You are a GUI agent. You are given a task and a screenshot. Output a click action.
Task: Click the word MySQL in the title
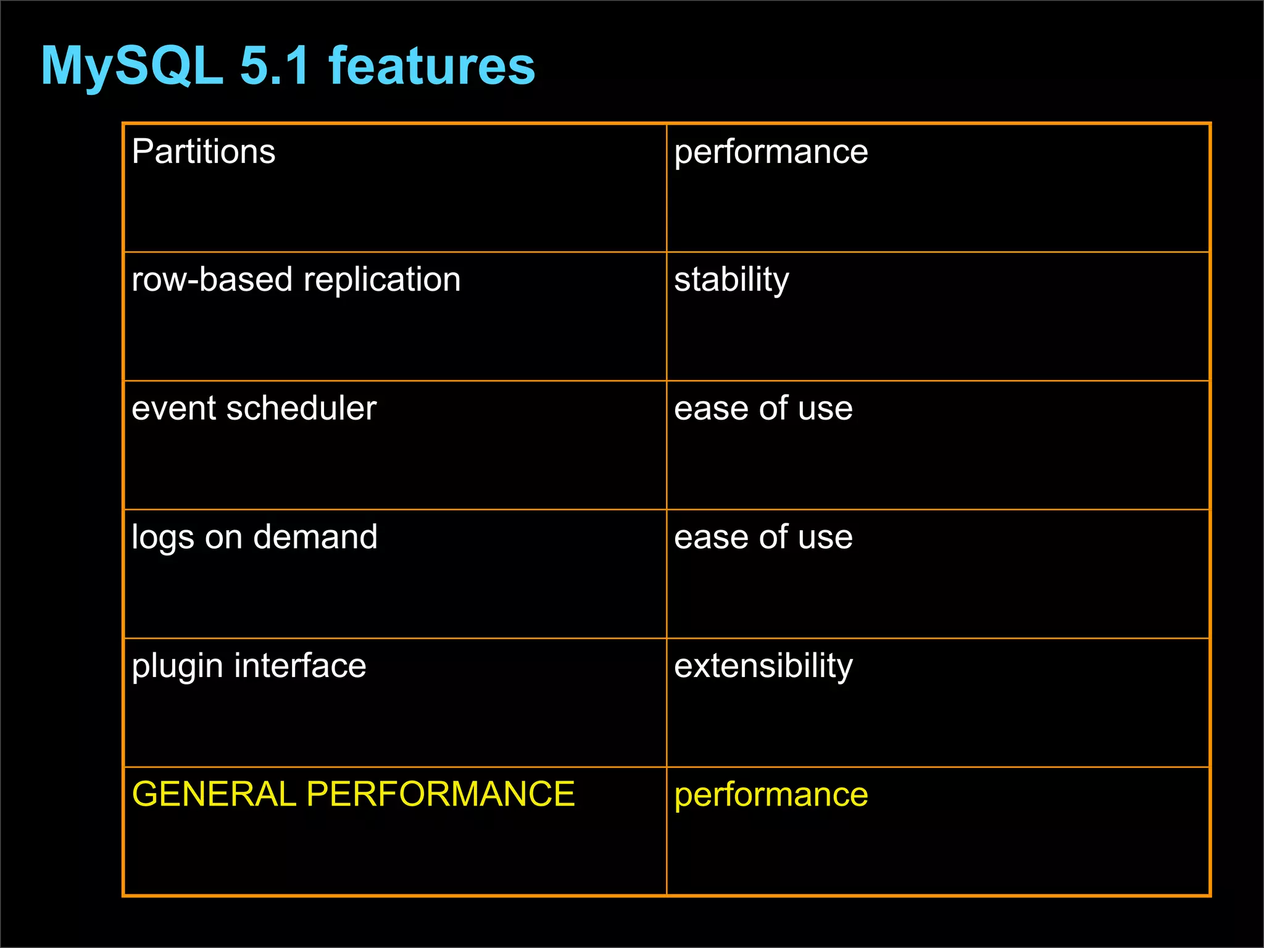click(131, 66)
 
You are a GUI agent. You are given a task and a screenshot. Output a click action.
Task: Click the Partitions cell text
click(203, 152)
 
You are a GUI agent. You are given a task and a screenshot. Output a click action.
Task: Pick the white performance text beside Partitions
click(771, 152)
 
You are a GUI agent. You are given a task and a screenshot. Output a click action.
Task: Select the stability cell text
click(731, 281)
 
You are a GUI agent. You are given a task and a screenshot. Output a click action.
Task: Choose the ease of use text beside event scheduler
click(763, 409)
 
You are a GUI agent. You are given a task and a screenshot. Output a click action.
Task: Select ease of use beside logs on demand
click(763, 537)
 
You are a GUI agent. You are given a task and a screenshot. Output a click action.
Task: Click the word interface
click(300, 666)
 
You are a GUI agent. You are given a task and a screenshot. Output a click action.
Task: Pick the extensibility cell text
click(763, 666)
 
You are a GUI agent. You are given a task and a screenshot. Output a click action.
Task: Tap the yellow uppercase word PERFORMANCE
click(440, 794)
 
